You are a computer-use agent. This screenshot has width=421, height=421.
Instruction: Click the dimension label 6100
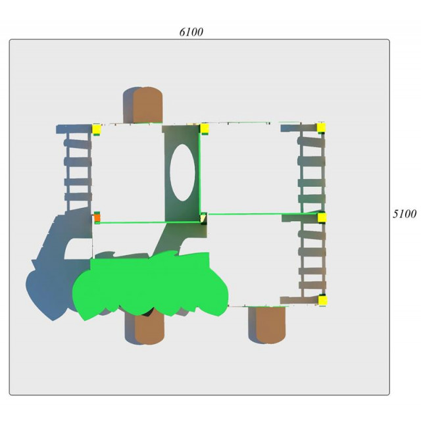click(191, 32)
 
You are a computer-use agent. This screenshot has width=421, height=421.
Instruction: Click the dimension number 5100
click(405, 214)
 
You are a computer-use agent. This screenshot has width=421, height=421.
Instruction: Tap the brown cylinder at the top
click(147, 105)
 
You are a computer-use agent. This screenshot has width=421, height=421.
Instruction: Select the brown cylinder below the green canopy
click(149, 330)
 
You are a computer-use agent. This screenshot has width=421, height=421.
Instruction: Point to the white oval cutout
click(183, 172)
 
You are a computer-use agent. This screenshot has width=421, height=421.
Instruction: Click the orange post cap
click(97, 218)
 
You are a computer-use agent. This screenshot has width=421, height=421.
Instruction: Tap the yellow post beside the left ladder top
click(97, 129)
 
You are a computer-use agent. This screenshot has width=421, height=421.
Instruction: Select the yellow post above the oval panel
click(205, 129)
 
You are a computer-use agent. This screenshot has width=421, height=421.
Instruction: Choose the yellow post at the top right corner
click(321, 128)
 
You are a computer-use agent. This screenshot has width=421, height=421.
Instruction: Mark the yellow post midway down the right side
click(322, 218)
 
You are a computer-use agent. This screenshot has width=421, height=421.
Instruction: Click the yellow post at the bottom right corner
click(322, 300)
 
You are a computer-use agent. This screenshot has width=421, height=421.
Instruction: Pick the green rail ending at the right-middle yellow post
click(263, 214)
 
